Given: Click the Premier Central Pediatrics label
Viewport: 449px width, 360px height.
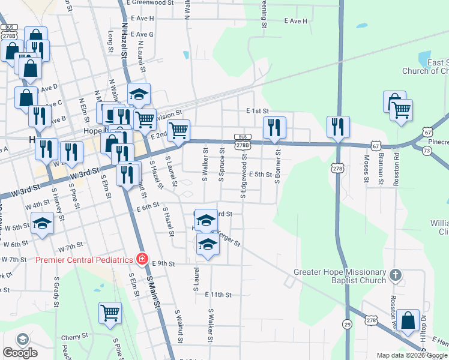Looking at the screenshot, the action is point(83,260).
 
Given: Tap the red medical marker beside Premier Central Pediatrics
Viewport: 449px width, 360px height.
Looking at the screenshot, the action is point(142,260).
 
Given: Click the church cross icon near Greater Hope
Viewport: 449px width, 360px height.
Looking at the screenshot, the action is point(395,275).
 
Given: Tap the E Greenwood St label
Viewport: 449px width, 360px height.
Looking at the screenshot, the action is point(150,3).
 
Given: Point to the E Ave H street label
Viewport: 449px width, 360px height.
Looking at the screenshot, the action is point(294,20).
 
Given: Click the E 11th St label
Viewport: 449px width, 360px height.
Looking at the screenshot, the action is point(217,295).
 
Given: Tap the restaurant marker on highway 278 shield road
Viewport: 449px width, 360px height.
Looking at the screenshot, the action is point(338,127).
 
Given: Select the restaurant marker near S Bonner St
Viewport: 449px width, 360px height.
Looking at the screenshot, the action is point(274,127).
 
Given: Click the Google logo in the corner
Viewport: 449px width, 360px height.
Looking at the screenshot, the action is point(20,353).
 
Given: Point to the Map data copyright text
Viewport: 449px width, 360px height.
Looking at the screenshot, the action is point(412,356).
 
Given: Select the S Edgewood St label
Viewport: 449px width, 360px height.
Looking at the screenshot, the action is point(243,179).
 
